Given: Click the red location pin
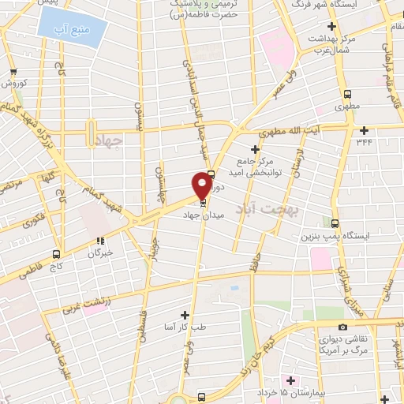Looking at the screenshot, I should (202, 186).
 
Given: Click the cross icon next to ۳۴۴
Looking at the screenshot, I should (364, 130).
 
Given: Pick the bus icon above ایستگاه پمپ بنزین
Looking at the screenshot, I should (335, 223).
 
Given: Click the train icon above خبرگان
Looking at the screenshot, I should (100, 241).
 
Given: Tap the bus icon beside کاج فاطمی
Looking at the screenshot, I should (55, 254).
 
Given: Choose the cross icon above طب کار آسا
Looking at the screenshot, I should (185, 314).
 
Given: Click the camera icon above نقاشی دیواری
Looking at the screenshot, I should (342, 327).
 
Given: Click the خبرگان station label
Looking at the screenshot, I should (99, 254).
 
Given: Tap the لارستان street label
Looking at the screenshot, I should (296, 160).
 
